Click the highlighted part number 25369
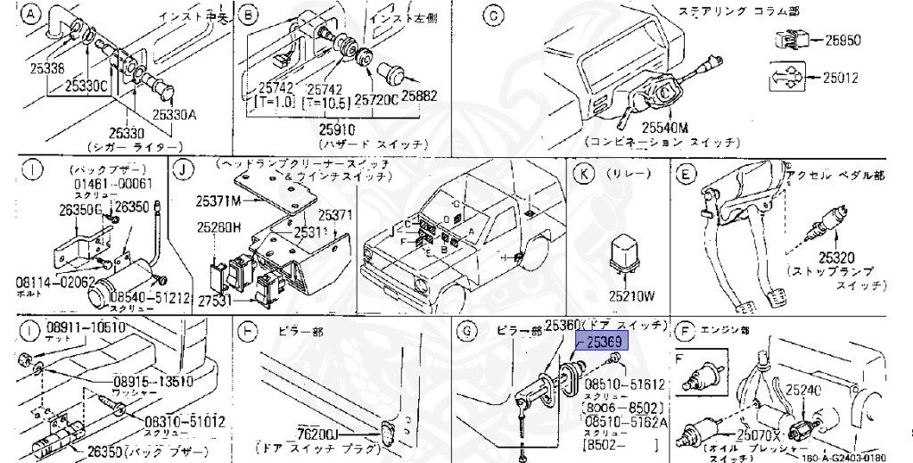click(x=603, y=343)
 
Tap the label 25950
click(x=841, y=40)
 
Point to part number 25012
click(x=840, y=78)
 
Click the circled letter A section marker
click(x=32, y=14)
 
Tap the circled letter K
click(x=583, y=173)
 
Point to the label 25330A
click(x=173, y=113)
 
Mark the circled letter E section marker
click(x=686, y=173)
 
